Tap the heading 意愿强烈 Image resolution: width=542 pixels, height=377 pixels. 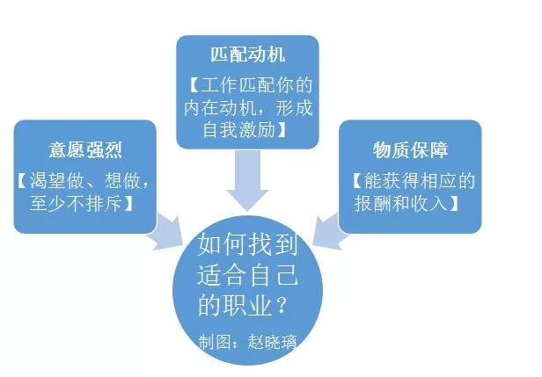[x=85, y=149]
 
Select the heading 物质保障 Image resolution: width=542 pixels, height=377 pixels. [x=410, y=149]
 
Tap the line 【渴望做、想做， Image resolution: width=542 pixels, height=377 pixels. [x=85, y=181]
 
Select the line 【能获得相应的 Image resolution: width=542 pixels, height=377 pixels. [x=411, y=181]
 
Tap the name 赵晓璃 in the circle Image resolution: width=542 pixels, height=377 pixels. [x=269, y=339]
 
